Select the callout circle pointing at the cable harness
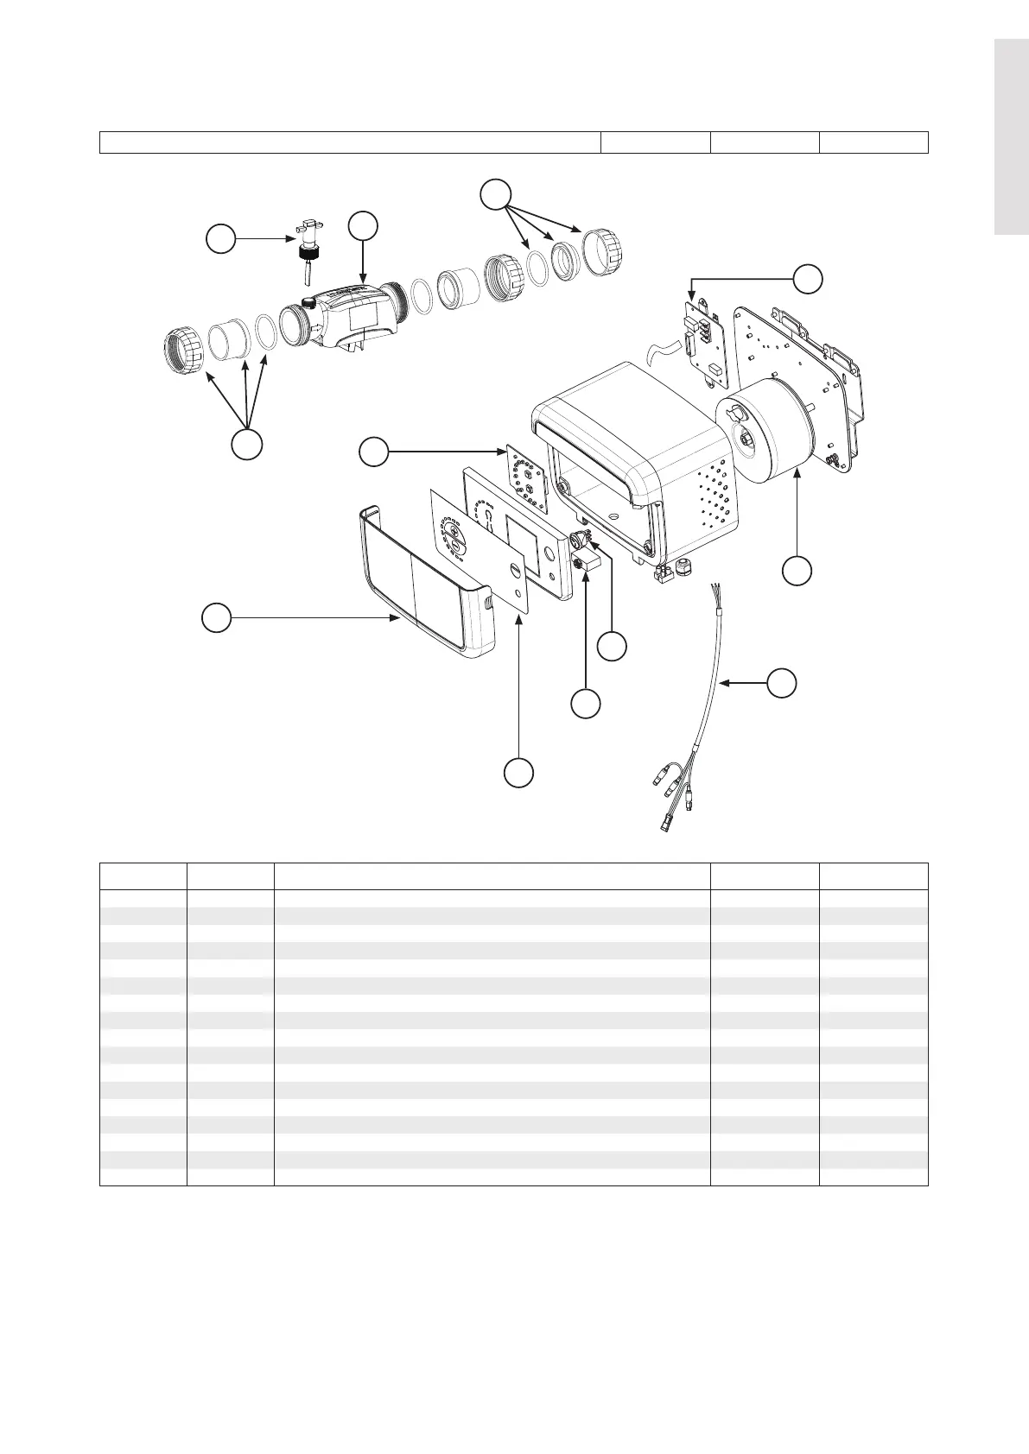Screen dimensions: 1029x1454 coord(782,682)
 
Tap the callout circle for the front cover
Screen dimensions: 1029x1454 coord(216,618)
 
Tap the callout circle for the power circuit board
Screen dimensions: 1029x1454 coord(808,279)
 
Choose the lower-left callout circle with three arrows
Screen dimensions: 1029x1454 coord(246,445)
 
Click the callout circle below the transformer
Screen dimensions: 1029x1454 coord(797,571)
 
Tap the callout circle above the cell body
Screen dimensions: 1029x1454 coord(363,226)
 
